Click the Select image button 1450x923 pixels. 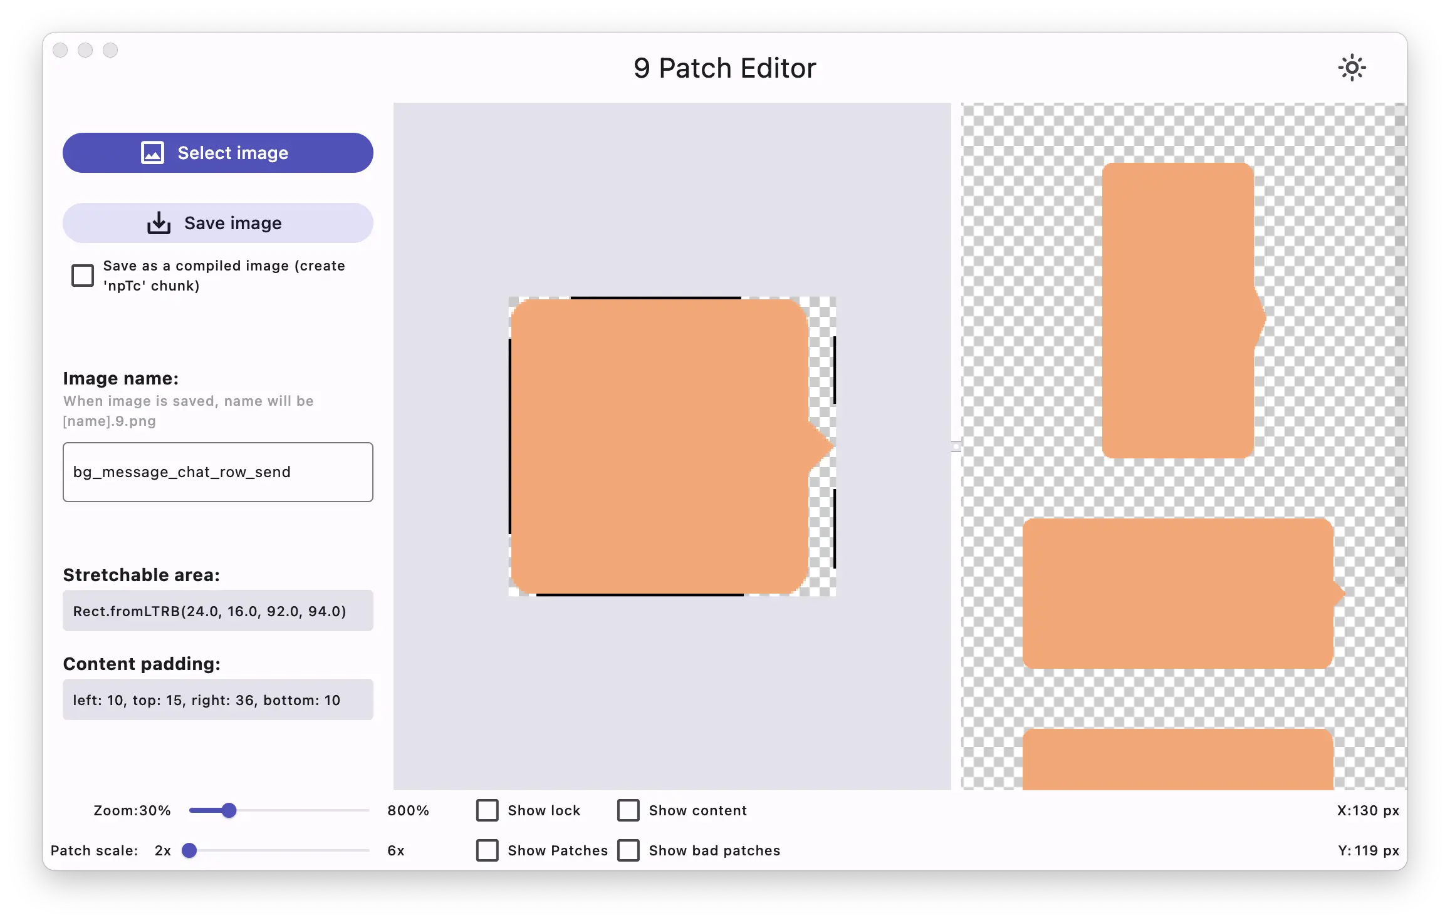217,153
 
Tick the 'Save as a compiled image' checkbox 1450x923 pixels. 83,276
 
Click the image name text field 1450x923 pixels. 217,472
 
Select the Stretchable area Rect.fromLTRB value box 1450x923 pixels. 217,611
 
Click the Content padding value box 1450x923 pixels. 217,699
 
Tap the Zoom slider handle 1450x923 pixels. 229,810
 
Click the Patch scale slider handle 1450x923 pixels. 189,850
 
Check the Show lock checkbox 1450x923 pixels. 488,810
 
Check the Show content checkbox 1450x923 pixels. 629,810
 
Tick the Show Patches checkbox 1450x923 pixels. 488,850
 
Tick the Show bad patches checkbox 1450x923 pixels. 629,850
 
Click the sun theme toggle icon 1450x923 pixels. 1352,68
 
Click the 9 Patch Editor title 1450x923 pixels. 725,68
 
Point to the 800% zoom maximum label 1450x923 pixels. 408,810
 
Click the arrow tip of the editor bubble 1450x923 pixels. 832,447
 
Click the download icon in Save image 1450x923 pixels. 159,223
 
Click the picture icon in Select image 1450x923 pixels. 152,153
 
